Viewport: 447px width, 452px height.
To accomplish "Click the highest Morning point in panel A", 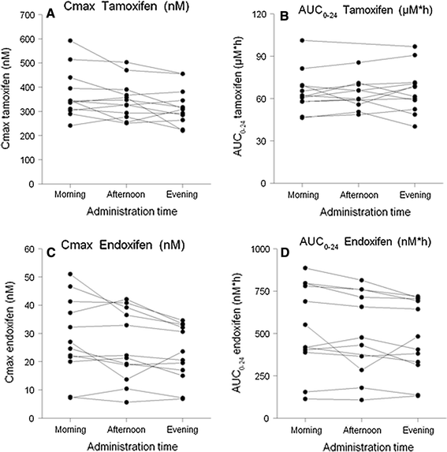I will pos(71,40).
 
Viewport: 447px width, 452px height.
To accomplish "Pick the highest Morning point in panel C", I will pos(71,275).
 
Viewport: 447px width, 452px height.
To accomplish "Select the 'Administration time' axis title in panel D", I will pos(360,444).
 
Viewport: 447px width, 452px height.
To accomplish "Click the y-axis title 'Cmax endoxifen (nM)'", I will pos(12,334).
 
